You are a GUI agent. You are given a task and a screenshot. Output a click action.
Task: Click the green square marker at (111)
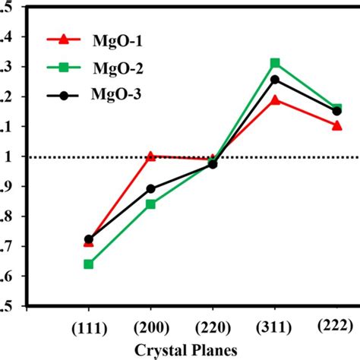(x=89, y=264)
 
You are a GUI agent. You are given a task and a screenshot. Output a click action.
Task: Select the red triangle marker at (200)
(x=150, y=156)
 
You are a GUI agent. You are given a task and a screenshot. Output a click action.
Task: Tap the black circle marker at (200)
(x=150, y=188)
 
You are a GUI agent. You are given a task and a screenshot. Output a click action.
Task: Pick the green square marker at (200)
(x=150, y=204)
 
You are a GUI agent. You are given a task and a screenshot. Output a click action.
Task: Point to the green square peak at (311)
(x=275, y=63)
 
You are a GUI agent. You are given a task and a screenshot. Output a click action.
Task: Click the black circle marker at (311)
(x=275, y=79)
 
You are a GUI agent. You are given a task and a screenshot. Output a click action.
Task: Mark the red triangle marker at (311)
(x=275, y=99)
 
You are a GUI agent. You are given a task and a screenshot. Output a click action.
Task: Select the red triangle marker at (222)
(x=336, y=125)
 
